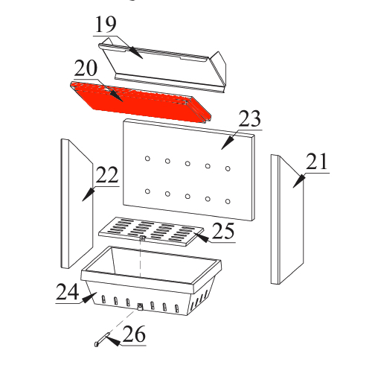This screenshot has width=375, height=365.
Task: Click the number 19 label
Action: (106, 25)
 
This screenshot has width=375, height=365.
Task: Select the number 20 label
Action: (86, 69)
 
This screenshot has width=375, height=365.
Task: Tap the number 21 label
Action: (317, 162)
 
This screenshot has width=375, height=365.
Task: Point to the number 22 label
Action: (107, 175)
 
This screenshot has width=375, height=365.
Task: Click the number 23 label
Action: (249, 118)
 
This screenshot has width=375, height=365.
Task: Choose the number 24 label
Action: (68, 292)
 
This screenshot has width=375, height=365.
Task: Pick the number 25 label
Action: (223, 231)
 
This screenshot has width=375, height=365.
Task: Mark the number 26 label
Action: (134, 334)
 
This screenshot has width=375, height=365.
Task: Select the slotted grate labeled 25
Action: (151, 232)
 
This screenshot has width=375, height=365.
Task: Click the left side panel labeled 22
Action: (77, 203)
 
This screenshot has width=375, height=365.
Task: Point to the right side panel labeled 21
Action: (287, 220)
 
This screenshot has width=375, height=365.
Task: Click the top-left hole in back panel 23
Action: (147, 159)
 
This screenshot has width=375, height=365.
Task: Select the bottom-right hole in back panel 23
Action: (228, 201)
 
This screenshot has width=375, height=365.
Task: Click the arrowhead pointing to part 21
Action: (299, 181)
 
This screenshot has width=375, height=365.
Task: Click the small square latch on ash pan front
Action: (141, 306)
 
